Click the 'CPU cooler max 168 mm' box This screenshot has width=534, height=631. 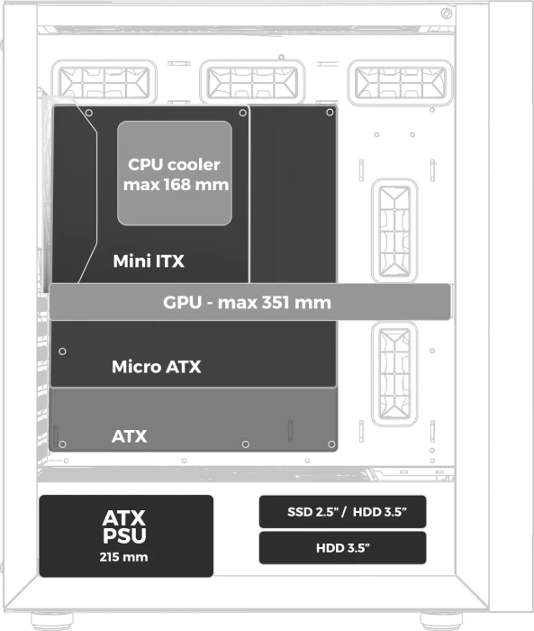pyautogui.click(x=175, y=173)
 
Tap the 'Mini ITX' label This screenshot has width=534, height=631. pyautogui.click(x=149, y=261)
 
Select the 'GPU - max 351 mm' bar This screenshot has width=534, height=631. pyautogui.click(x=249, y=302)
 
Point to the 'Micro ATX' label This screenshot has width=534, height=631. pyautogui.click(x=156, y=367)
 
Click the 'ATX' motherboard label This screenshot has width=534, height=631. pyautogui.click(x=129, y=436)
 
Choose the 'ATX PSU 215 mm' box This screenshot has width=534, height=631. pyautogui.click(x=126, y=536)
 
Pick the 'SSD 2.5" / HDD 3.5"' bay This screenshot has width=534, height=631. pyautogui.click(x=342, y=511)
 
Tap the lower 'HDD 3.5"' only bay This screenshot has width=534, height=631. pyautogui.click(x=342, y=548)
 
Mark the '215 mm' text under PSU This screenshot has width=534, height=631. pyautogui.click(x=124, y=557)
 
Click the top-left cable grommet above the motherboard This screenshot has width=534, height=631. pyautogui.click(x=104, y=83)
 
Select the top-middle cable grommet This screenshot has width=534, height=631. pyautogui.click(x=252, y=83)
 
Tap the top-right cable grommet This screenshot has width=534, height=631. pyautogui.click(x=401, y=83)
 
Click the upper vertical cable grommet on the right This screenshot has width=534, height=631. pyautogui.click(x=394, y=231)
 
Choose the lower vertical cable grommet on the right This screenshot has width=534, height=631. pyautogui.click(x=394, y=374)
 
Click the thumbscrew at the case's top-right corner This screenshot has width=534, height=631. pyautogui.click(x=447, y=14)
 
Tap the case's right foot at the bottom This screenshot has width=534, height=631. pyautogui.click(x=441, y=621)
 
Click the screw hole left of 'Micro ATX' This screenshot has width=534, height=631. pyautogui.click(x=62, y=352)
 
